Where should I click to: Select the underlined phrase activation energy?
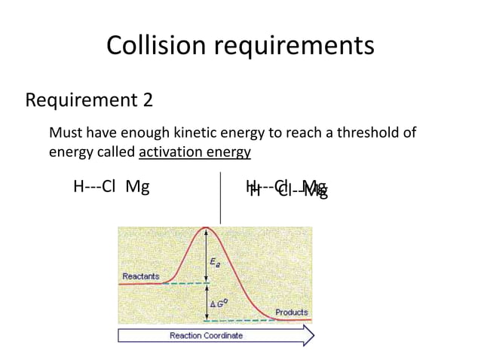[195, 153]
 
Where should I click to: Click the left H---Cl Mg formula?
[111, 186]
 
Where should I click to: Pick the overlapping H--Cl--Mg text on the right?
[286, 188]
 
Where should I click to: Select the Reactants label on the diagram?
[141, 276]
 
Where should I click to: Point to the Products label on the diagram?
[291, 312]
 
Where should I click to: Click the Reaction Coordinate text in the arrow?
[206, 335]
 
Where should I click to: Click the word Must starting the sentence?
[66, 134]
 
